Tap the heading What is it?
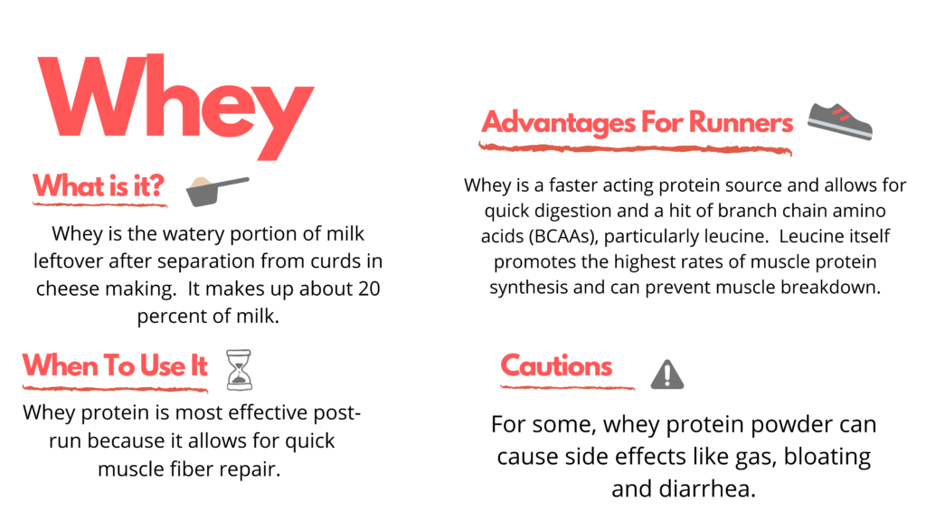(x=99, y=186)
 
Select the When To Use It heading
(x=115, y=365)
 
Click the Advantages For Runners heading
(x=637, y=122)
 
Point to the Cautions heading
(x=556, y=366)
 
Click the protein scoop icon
(x=217, y=188)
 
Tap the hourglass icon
(x=239, y=369)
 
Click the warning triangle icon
(x=667, y=373)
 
